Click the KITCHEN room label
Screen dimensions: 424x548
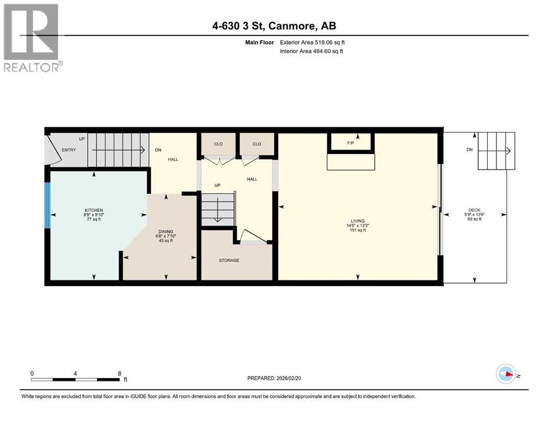(93, 210)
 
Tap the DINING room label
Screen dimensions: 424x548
(166, 231)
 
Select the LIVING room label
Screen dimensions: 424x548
(358, 221)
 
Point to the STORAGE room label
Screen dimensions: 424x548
(228, 260)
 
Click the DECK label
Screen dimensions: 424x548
(474, 210)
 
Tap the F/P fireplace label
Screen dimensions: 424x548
(350, 143)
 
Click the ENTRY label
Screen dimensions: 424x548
(69, 150)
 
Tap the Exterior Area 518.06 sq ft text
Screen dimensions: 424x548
(312, 43)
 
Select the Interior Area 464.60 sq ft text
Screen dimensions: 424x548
(312, 51)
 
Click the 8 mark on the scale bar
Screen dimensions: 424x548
(119, 373)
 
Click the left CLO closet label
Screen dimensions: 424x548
(218, 144)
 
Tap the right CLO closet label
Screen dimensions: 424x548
(257, 144)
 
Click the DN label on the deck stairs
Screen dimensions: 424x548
(470, 150)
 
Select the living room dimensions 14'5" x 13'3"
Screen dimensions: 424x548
(358, 226)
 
